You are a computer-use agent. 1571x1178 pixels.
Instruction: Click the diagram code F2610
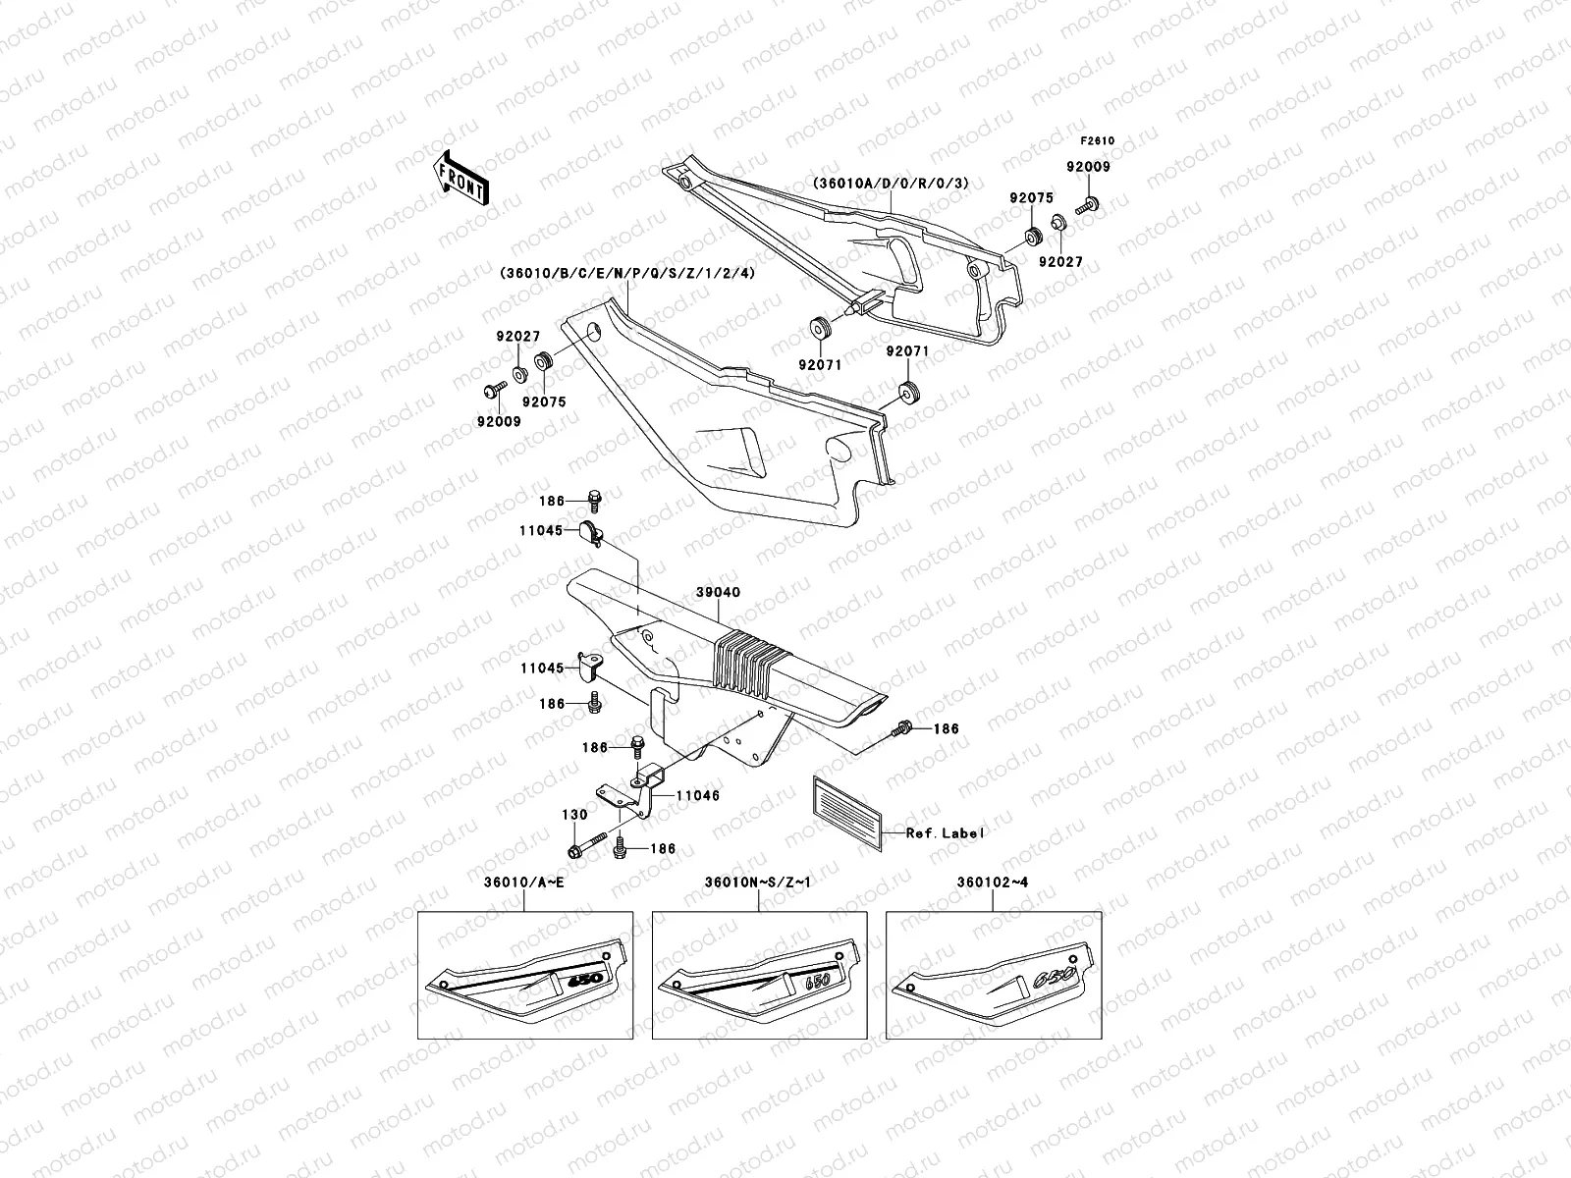click(1099, 140)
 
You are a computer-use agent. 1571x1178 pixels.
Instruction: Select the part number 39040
click(720, 593)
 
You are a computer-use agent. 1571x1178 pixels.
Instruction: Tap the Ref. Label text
click(944, 832)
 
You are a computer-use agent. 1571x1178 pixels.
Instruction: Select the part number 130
click(573, 815)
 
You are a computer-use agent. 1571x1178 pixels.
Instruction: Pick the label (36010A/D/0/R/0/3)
click(890, 184)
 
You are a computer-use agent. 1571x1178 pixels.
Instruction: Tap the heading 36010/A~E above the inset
click(523, 882)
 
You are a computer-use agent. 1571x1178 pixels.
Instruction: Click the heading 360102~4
click(992, 882)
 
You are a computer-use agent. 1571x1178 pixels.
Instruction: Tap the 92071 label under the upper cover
click(819, 364)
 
